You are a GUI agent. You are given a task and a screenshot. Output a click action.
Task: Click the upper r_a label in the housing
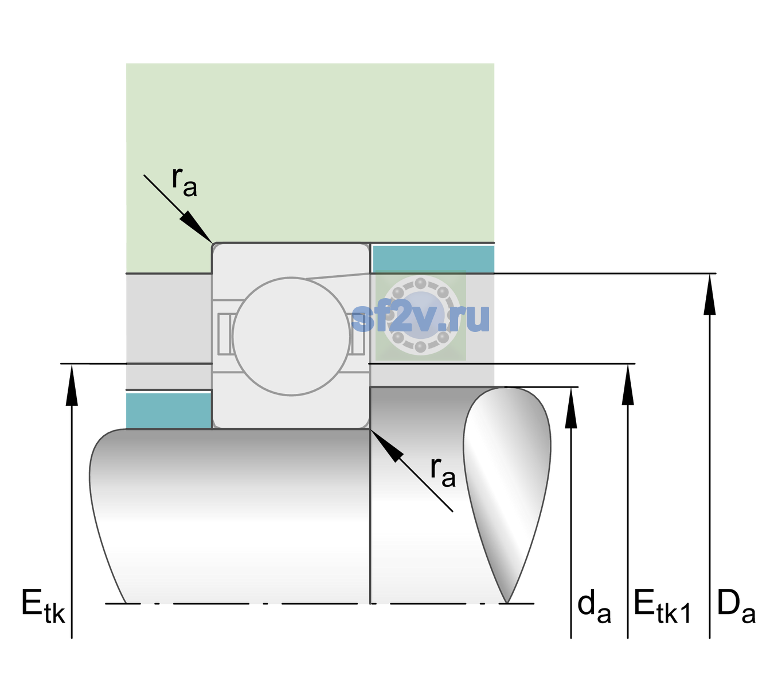tap(184, 182)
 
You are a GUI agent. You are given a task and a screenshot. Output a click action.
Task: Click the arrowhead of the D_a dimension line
tap(710, 294)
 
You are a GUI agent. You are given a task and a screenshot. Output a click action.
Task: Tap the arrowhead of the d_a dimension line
tap(571, 408)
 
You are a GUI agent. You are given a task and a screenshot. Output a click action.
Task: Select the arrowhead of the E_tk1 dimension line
tap(628, 384)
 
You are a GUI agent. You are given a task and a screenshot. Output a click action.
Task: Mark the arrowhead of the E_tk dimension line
tap(72, 384)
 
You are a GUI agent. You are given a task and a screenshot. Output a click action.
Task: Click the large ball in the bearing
tap(291, 336)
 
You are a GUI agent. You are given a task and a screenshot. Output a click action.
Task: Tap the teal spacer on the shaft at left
tap(169, 411)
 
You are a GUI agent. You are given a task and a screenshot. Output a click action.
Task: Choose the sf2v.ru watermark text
tap(420, 318)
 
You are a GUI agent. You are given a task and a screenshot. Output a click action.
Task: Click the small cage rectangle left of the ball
tap(224, 334)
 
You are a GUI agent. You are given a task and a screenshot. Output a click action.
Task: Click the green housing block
tap(310, 153)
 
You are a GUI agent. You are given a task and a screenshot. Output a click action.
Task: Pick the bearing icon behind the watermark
tap(421, 315)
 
